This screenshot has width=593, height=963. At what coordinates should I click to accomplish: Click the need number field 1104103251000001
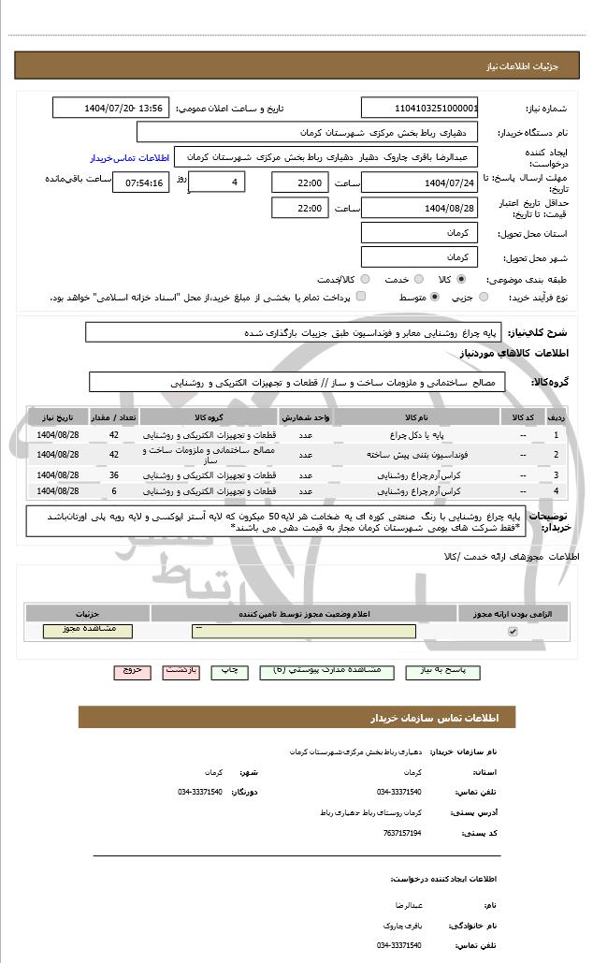pos(420,108)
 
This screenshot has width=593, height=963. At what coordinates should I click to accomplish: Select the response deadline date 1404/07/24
pos(420,182)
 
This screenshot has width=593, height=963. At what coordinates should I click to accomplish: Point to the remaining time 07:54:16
pos(141,182)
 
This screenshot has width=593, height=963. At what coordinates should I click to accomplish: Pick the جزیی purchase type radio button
pos(483,298)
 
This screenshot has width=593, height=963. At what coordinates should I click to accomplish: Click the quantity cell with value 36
pos(113,475)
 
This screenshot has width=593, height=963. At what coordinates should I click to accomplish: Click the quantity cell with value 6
pos(113,490)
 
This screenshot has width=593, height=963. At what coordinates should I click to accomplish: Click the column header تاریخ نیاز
pos(58,416)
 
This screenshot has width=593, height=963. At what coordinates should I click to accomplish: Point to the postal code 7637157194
pos(402,832)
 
